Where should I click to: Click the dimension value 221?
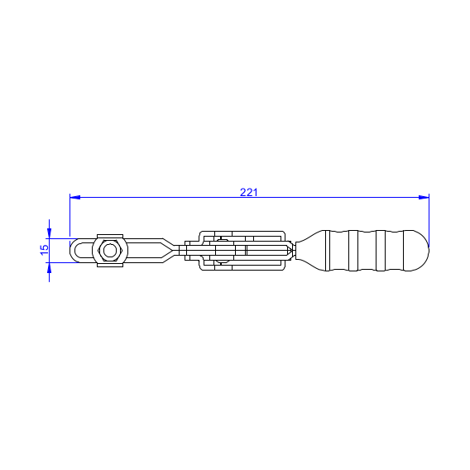pos(248,192)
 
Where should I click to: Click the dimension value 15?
pos(45,250)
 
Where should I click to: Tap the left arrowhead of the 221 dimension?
pos(75,197)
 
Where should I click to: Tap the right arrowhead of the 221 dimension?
pos(424,197)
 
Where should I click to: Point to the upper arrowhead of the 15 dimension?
pos(49,233)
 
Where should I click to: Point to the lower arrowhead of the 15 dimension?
pos(49,268)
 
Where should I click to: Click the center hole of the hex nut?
pos(110,251)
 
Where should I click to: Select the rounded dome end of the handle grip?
pos(418,251)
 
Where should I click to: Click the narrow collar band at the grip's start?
pos(328,251)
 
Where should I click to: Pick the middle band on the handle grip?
pos(353,251)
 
